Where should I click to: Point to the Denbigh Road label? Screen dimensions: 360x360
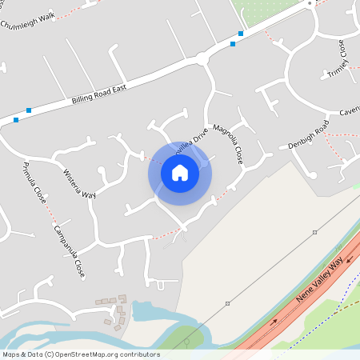309,136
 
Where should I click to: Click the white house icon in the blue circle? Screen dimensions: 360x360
180,172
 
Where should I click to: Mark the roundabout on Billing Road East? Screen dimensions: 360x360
202,58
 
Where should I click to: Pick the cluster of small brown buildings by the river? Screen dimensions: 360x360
114,310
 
